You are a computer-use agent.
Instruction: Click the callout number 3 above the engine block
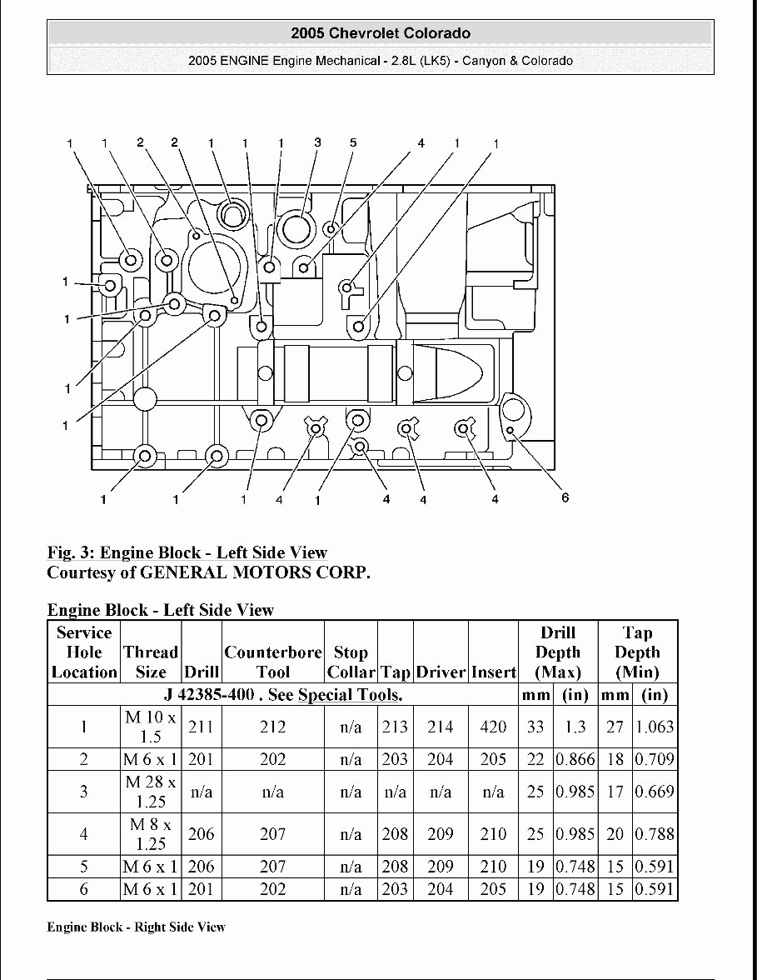[317, 142]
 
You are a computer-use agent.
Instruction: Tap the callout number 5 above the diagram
[352, 142]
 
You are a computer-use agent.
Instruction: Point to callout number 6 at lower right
[565, 497]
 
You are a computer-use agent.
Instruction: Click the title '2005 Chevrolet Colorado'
[381, 33]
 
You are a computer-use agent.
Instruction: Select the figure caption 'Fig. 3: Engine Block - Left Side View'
[187, 552]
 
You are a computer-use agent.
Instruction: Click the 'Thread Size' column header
[151, 662]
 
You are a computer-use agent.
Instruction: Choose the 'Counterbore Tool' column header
[272, 662]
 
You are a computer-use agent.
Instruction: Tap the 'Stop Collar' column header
[351, 662]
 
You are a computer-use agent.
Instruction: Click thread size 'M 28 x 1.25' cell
[151, 792]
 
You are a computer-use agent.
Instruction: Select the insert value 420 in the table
[493, 727]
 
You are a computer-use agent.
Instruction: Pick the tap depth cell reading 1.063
[655, 727]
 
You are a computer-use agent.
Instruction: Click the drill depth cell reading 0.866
[575, 759]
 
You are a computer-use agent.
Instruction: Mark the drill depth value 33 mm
[535, 727]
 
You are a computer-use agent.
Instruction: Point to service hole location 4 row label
[84, 834]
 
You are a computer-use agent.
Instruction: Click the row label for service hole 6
[84, 889]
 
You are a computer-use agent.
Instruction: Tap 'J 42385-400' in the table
[212, 695]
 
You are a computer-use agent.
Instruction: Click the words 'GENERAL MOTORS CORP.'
[254, 572]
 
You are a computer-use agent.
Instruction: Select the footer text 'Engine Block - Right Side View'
[136, 927]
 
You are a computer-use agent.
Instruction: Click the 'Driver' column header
[441, 672]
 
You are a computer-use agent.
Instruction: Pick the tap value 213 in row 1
[395, 727]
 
